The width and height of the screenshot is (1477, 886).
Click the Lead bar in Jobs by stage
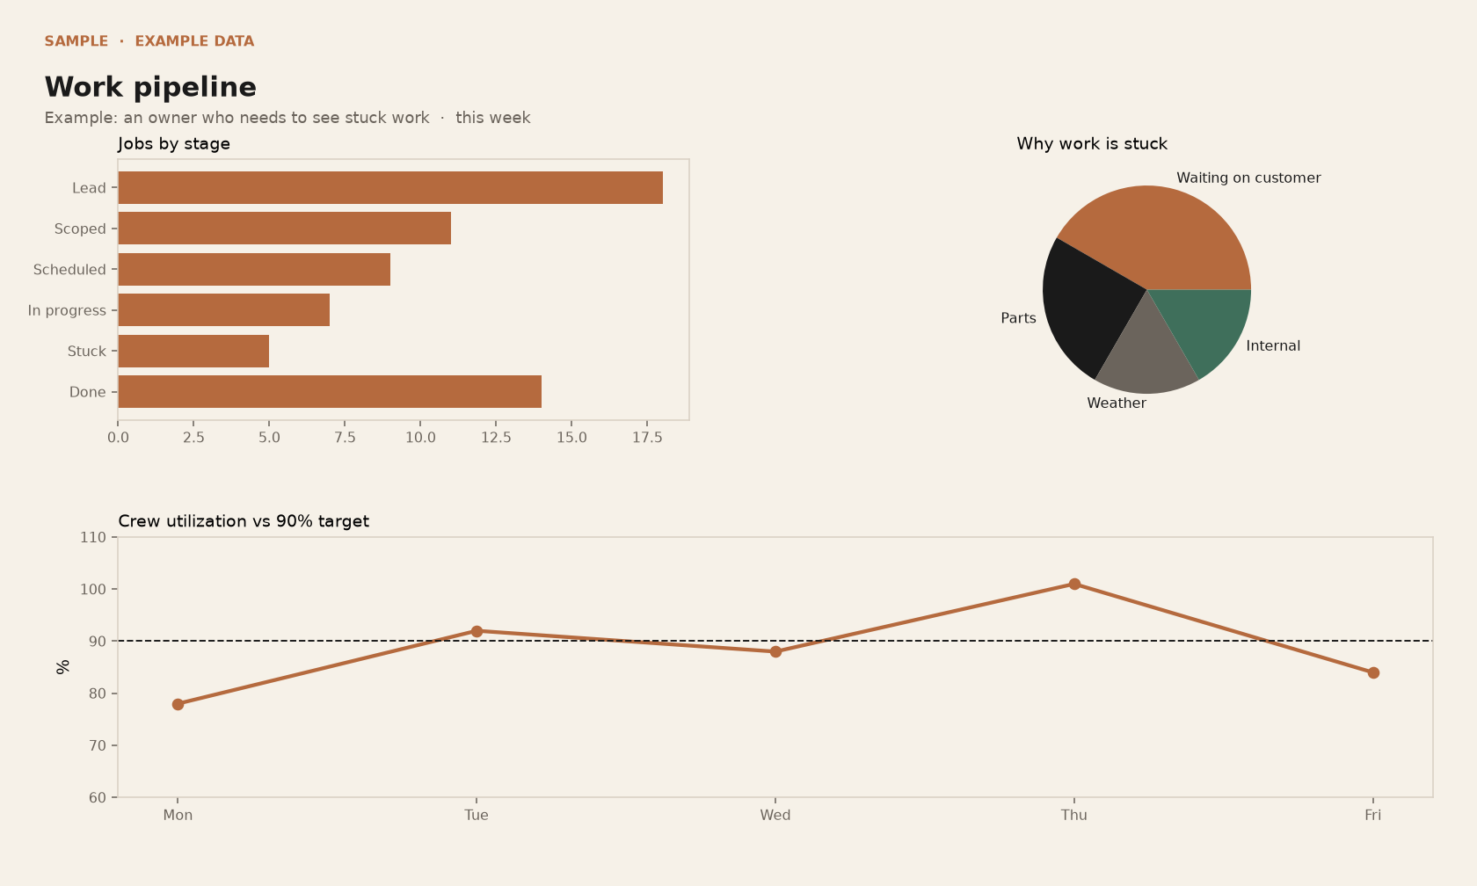390,188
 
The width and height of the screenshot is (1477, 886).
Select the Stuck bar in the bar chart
193,351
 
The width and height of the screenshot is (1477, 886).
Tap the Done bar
330,392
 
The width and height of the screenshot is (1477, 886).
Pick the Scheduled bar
255,270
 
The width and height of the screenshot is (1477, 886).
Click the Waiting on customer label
1248,178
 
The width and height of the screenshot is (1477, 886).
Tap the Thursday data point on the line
1074,584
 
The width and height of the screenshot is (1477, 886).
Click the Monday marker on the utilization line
178,704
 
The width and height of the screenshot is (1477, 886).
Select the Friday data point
1373,672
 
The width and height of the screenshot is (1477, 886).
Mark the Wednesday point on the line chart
775,652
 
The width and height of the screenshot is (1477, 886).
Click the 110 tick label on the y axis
93,537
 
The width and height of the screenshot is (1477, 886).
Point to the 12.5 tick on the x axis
496,438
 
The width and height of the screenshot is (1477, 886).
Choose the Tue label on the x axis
477,816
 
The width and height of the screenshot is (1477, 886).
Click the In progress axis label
67,310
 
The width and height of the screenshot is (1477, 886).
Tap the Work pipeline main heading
150,87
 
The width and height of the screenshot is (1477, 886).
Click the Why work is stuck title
1092,144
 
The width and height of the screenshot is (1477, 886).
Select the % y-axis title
62,667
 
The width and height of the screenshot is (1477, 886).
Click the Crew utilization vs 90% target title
244,521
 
